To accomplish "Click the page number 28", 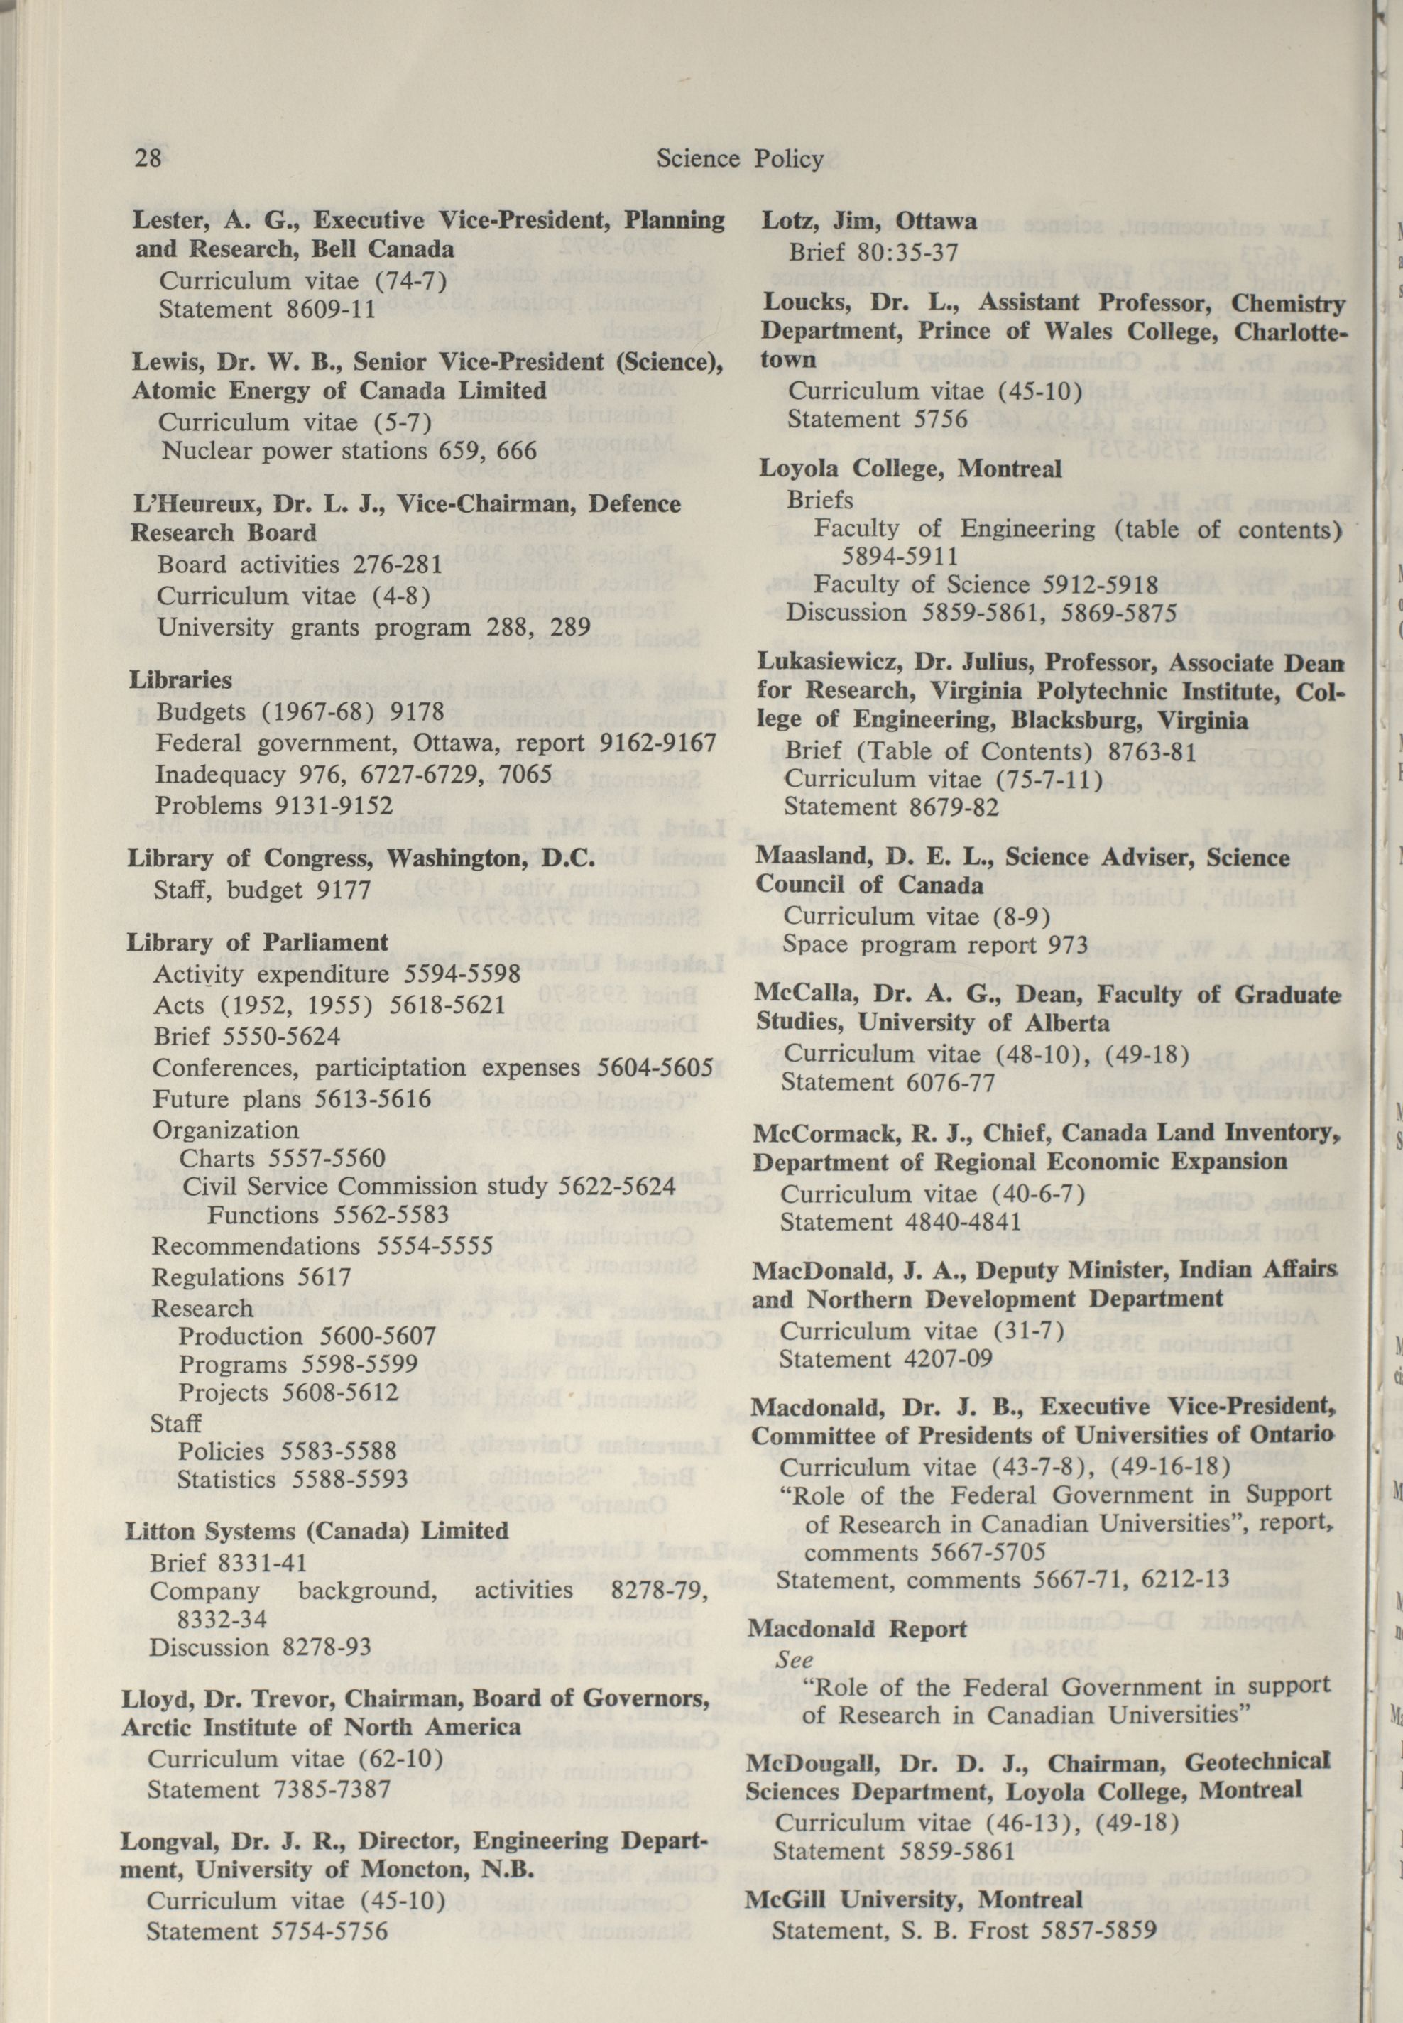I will click(x=147, y=158).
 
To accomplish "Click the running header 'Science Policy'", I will click(x=739, y=158).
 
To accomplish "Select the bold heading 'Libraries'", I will click(x=181, y=680).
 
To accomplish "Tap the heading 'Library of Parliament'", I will click(x=257, y=942).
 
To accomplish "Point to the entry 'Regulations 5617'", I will click(x=251, y=1276).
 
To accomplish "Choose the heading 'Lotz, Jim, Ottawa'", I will click(x=868, y=222).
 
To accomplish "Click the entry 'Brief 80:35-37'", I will click(x=873, y=252).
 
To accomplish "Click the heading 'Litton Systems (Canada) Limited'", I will click(x=317, y=1531).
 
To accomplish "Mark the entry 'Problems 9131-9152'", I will click(x=274, y=805).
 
